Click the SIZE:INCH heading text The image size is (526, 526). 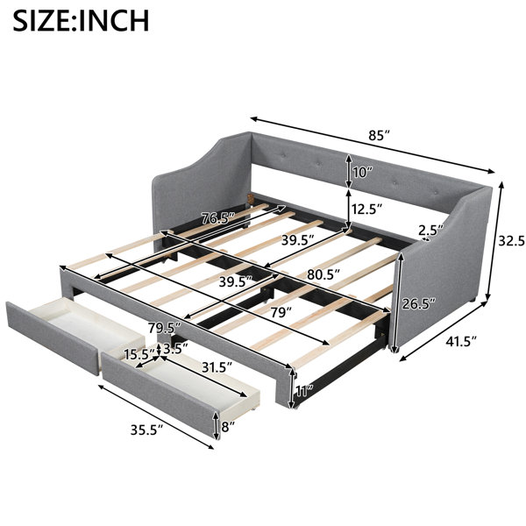[x=81, y=21]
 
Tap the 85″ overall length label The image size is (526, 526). [x=380, y=136]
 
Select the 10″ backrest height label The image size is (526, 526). [x=363, y=173]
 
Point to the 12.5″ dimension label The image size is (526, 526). [x=366, y=209]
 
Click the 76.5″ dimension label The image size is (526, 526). [x=217, y=218]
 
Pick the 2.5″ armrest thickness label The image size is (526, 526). [x=431, y=231]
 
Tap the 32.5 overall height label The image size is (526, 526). [x=512, y=240]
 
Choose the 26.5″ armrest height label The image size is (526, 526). [x=419, y=304]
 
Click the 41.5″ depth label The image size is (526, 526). [x=461, y=342]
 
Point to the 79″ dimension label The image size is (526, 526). [x=281, y=312]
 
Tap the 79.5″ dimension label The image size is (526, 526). [x=165, y=328]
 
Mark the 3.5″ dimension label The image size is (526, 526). [x=175, y=349]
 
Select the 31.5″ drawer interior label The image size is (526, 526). [x=217, y=367]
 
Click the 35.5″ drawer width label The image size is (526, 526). [x=146, y=430]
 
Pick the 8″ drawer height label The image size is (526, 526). [x=228, y=427]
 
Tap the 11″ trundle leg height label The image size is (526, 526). [x=305, y=390]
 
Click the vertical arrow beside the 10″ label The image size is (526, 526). [x=349, y=171]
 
